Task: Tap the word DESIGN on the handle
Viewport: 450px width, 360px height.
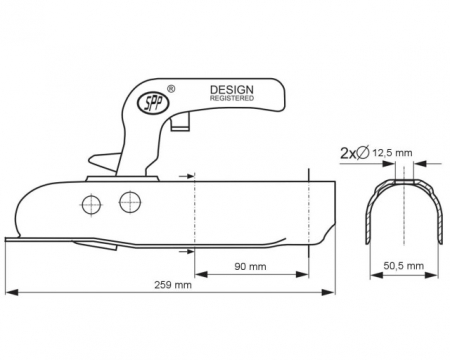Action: pyautogui.click(x=232, y=90)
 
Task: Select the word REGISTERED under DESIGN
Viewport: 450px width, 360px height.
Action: pyautogui.click(x=232, y=98)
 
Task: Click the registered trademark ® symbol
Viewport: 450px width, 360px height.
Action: pyautogui.click(x=171, y=89)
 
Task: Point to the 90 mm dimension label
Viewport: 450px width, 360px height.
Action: pyautogui.click(x=250, y=266)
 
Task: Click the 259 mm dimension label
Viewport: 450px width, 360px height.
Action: pyautogui.click(x=173, y=285)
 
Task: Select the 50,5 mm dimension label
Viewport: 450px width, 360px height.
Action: pyautogui.click(x=404, y=266)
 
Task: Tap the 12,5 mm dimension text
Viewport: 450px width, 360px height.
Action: pyautogui.click(x=392, y=153)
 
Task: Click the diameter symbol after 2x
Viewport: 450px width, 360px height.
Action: pyautogui.click(x=363, y=153)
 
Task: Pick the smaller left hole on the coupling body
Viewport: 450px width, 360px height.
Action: pyautogui.click(x=91, y=204)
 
